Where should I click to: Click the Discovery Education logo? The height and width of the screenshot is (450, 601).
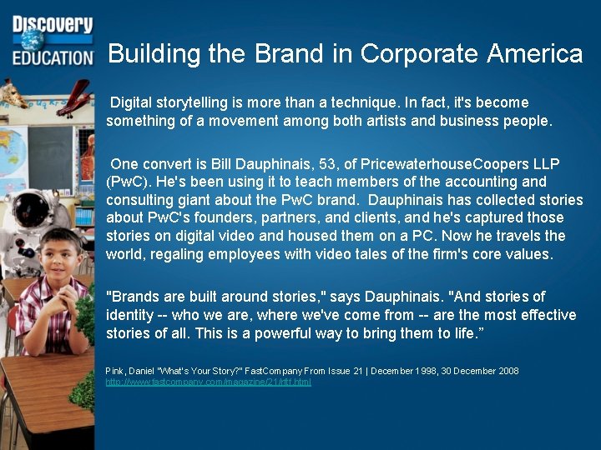point(52,40)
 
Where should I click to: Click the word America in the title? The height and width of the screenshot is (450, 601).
point(534,54)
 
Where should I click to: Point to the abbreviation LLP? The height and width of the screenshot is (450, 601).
point(543,162)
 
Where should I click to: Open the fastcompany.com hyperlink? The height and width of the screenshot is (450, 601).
point(208,382)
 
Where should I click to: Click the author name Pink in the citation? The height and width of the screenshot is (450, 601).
point(114,371)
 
